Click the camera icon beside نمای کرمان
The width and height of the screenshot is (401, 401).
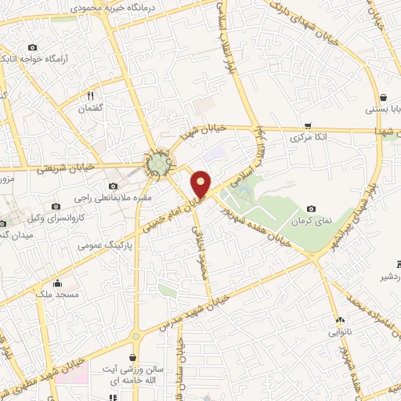pos(312,208)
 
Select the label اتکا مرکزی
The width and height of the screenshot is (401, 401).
pos(307,137)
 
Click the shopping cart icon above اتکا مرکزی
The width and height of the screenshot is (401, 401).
pos(308,125)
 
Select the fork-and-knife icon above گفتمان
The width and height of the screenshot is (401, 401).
pos(91,96)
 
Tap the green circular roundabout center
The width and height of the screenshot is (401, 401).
pos(160,163)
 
